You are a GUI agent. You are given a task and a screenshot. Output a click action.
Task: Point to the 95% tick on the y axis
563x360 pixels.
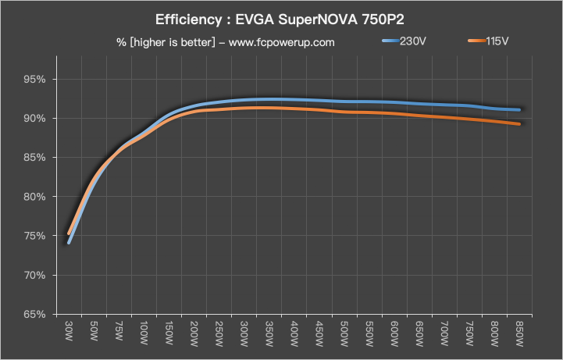click(x=37, y=80)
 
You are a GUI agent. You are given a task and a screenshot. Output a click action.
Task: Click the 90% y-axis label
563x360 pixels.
click(x=37, y=119)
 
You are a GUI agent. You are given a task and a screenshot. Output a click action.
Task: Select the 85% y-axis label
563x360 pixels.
click(x=37, y=158)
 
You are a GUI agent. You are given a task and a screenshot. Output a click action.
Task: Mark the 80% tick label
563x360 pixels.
click(x=37, y=197)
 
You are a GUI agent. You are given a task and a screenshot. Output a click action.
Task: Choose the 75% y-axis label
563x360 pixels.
click(x=37, y=237)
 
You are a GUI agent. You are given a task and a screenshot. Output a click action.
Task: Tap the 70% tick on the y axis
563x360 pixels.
click(x=37, y=276)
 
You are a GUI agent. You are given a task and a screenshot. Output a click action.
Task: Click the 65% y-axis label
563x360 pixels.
click(x=37, y=315)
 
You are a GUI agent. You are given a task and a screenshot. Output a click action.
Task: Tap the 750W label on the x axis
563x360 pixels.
click(x=469, y=333)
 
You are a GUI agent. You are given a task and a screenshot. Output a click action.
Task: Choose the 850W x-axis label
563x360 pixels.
click(x=519, y=333)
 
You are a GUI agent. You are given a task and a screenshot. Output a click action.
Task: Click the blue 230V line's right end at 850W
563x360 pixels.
click(x=519, y=110)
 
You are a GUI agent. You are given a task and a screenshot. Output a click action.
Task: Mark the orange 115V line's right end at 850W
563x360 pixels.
click(x=519, y=124)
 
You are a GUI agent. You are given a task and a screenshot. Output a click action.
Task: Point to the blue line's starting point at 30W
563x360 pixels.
click(x=69, y=243)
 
